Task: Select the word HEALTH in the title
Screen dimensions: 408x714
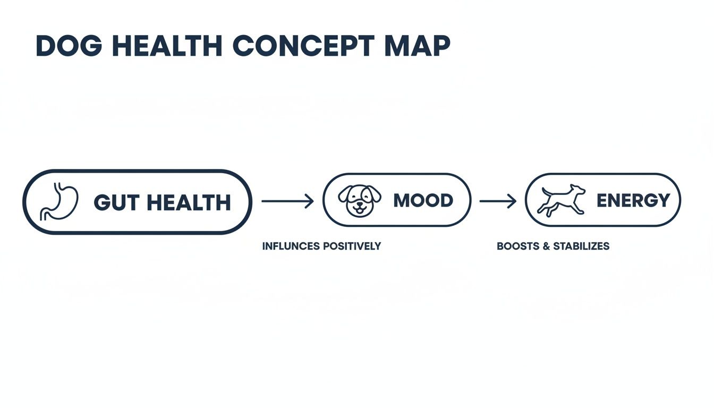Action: click(167, 46)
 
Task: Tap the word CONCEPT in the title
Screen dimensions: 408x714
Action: click(304, 46)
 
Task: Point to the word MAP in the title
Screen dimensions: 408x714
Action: click(418, 46)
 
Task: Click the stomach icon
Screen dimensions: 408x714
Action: click(59, 202)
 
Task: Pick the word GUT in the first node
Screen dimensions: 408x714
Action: click(116, 202)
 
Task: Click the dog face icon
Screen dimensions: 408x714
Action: click(360, 200)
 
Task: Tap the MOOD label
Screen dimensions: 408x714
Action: click(423, 200)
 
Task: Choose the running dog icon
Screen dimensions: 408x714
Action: click(562, 200)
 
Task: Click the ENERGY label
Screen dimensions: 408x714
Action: click(633, 200)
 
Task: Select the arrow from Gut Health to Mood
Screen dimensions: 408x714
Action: click(287, 201)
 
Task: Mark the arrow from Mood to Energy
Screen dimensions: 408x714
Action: click(498, 201)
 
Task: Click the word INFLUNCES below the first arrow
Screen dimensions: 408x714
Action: click(291, 246)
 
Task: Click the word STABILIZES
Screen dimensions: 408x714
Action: click(581, 246)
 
